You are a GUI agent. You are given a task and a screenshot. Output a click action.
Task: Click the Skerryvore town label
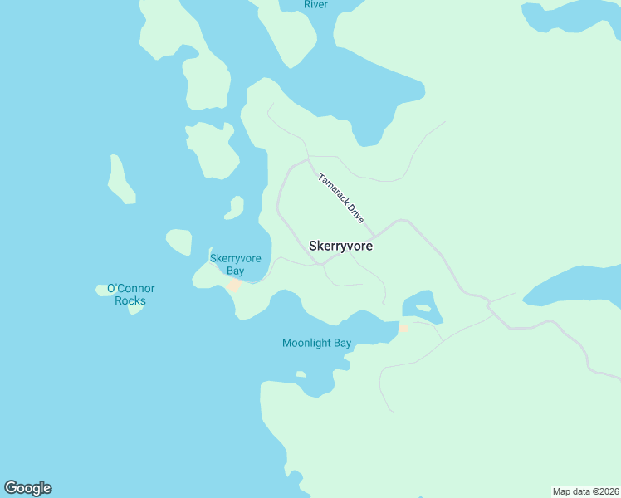(x=340, y=247)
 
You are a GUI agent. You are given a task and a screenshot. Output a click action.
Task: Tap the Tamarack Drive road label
(x=341, y=198)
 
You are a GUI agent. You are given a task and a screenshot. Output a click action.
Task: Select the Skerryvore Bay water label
(x=235, y=265)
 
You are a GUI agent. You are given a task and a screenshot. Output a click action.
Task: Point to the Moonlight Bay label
(x=316, y=343)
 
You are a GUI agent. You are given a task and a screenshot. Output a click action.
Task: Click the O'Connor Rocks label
(x=130, y=295)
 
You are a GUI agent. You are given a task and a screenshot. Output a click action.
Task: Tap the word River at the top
(x=315, y=5)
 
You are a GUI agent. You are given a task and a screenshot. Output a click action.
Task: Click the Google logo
(x=27, y=488)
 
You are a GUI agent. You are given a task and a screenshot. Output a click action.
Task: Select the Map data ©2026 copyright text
(x=585, y=491)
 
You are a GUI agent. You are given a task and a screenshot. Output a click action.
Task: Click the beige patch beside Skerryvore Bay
(x=235, y=286)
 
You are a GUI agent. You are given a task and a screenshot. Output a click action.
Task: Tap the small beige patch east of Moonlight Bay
(x=403, y=328)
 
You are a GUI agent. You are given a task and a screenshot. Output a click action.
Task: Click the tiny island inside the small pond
(x=423, y=308)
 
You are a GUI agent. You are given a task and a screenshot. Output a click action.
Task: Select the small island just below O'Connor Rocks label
(x=135, y=308)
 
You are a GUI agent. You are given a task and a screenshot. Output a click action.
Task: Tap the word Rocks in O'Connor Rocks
(x=130, y=300)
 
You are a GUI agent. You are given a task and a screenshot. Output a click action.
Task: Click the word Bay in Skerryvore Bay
(x=235, y=271)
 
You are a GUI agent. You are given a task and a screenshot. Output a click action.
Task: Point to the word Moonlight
(x=306, y=343)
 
